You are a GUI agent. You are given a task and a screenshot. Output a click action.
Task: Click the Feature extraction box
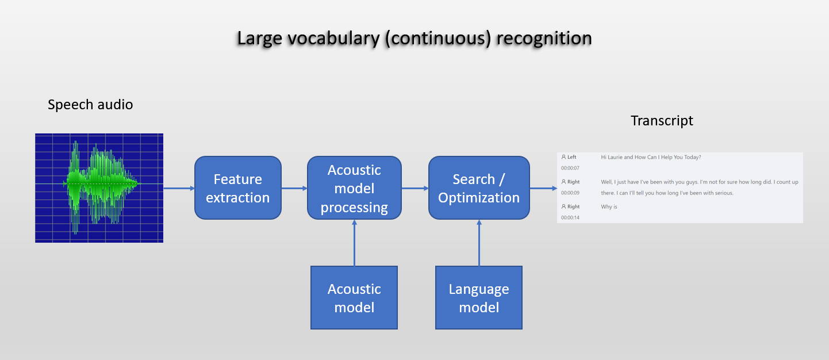238,188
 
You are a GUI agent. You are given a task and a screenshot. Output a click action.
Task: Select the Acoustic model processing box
354,188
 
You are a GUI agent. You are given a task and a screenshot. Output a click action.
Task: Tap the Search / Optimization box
479,188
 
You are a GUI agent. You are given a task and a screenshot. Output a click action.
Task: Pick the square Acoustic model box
354,297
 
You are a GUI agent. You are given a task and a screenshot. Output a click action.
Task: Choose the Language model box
479,297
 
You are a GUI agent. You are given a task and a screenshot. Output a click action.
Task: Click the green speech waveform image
99,188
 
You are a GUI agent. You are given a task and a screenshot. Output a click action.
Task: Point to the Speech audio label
90,105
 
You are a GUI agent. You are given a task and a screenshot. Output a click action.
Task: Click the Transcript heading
662,121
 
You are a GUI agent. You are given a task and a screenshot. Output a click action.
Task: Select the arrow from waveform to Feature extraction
179,188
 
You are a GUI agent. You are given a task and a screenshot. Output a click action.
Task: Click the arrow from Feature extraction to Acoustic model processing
294,188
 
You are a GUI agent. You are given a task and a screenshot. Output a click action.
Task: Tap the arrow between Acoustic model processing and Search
415,188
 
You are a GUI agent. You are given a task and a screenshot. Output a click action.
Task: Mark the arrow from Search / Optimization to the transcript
543,188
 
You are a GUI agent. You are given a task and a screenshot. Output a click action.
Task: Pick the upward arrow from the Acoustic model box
354,243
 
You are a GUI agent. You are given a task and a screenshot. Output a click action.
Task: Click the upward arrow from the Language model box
479,243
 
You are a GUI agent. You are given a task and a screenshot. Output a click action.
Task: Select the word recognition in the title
544,39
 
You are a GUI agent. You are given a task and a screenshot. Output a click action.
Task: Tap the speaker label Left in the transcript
572,157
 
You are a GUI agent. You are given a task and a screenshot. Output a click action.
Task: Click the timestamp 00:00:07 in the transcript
570,168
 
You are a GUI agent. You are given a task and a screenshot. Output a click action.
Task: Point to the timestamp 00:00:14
570,218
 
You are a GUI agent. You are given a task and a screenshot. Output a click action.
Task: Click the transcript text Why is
609,206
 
